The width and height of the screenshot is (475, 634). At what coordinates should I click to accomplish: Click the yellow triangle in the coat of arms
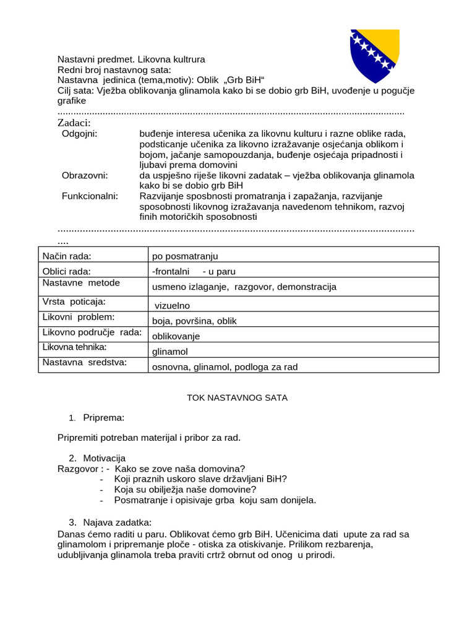coord(384,45)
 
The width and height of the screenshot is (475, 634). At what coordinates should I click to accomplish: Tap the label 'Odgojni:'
coord(80,134)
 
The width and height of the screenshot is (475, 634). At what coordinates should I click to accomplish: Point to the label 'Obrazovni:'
coord(85,175)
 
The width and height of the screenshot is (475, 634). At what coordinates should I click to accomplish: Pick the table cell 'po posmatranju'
coord(185,256)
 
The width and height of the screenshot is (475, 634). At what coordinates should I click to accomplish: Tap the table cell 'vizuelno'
coord(171,306)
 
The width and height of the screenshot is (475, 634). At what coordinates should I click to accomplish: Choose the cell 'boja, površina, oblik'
coord(194,321)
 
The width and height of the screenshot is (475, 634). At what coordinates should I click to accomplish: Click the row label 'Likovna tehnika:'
coord(74,347)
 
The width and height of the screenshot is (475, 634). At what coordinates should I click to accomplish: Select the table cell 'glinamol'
coord(169,352)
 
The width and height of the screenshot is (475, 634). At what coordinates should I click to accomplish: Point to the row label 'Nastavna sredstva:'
coord(84,363)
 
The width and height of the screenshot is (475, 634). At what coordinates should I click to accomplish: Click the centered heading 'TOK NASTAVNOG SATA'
coord(237,397)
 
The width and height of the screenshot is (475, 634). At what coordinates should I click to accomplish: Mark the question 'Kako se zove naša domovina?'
coord(179,469)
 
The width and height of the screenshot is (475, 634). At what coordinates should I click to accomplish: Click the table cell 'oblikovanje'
coord(176,337)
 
